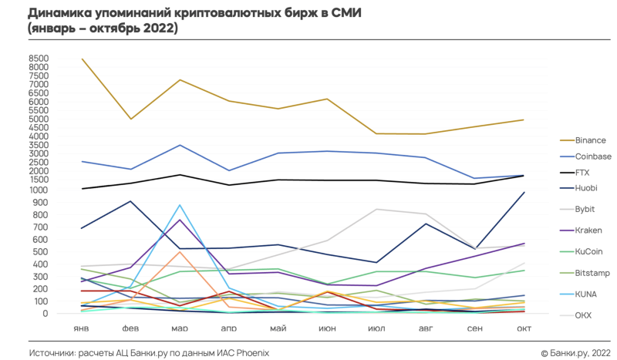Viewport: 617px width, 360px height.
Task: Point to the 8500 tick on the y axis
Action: click(39, 59)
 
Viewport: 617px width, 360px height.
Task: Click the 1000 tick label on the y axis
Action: click(39, 190)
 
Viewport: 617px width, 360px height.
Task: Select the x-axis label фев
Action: click(130, 328)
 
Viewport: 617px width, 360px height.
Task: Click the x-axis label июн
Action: click(327, 328)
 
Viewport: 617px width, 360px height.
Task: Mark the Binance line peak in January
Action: click(82, 59)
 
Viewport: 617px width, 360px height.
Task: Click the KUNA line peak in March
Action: click(180, 205)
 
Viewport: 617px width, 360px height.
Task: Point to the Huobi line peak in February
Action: click(131, 201)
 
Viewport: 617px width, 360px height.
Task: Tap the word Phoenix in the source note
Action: click(251, 352)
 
